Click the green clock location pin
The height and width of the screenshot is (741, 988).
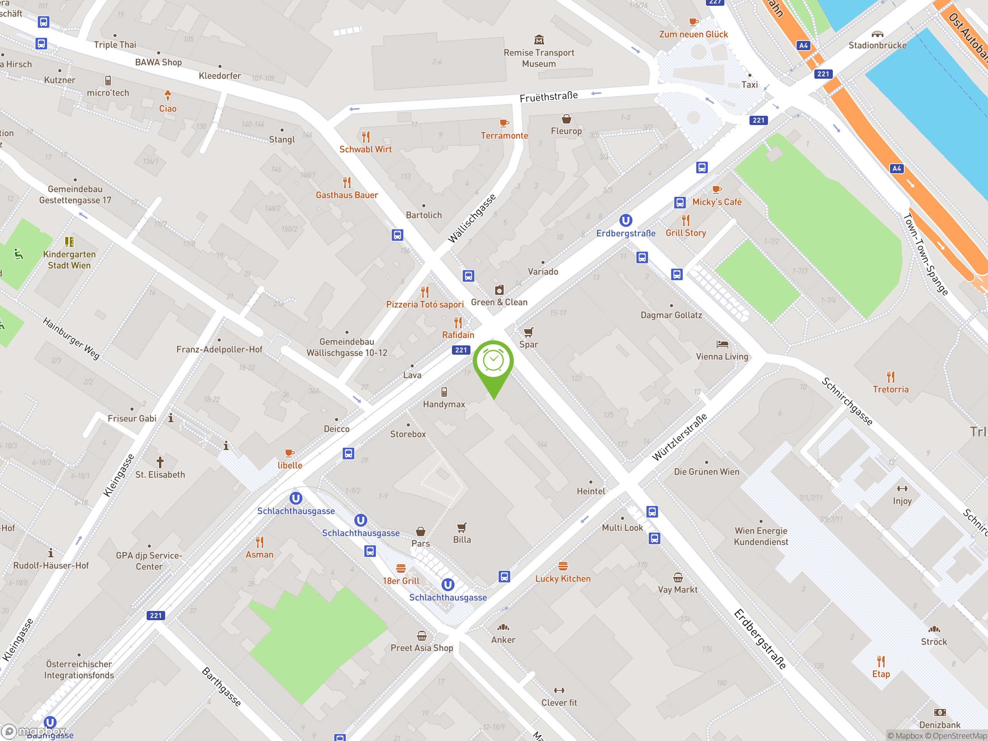point(493,362)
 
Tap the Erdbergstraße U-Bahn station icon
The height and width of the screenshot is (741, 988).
point(625,221)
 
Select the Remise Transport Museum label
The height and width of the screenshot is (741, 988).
point(539,58)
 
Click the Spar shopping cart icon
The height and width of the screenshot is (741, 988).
point(528,332)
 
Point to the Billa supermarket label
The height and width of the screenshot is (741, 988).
point(462,540)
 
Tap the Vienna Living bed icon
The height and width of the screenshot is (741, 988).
point(722,344)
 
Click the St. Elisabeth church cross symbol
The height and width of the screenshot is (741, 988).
point(160,462)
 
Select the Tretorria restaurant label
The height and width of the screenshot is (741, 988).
point(890,389)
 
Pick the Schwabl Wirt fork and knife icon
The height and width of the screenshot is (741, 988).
point(366,137)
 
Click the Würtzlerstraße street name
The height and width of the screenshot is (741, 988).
point(679,437)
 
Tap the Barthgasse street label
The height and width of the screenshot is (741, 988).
point(222,687)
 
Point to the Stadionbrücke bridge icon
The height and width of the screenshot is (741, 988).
point(877,34)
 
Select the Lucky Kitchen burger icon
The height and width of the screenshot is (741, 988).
point(563,566)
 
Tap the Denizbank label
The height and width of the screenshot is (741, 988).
point(939,724)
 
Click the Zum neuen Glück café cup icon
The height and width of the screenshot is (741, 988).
point(693,22)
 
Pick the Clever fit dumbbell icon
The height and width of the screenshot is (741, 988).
point(559,690)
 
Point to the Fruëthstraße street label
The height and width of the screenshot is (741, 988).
point(548,96)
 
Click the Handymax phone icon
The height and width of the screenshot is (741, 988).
point(444,392)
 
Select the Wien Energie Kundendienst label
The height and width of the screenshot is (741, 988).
point(761,536)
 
